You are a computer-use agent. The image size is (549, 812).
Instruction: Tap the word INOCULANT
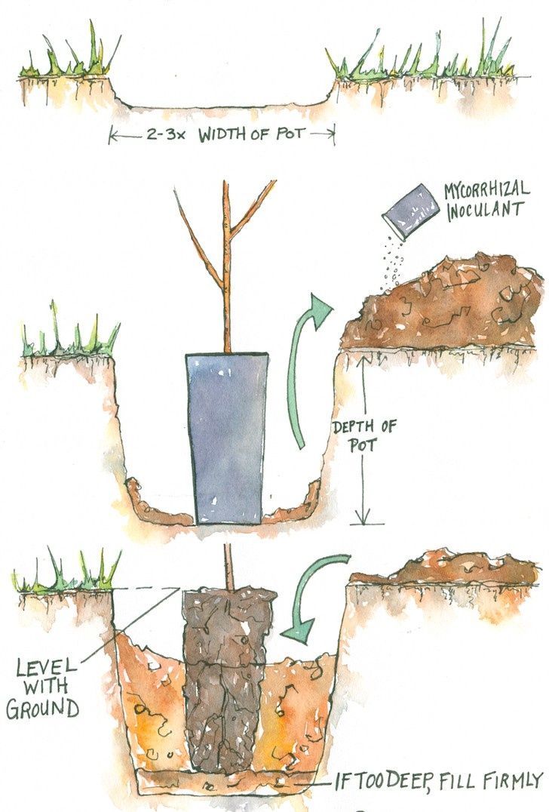coord(485,209)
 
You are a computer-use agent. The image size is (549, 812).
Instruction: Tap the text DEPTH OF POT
coord(364,436)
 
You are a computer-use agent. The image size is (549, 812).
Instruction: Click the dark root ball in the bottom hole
coord(226,679)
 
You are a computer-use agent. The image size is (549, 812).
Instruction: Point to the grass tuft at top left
coord(68,60)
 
